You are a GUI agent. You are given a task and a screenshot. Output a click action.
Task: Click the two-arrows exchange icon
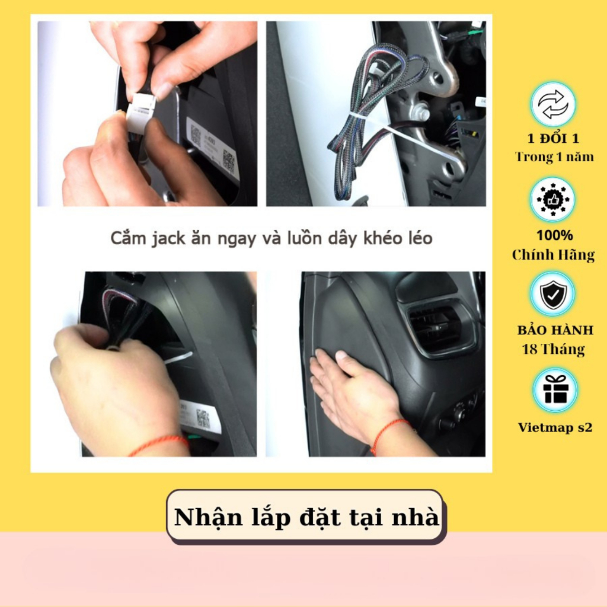553,104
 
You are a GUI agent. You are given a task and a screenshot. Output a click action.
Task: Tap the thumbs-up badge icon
552,200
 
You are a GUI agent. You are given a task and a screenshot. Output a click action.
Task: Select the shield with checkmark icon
553,295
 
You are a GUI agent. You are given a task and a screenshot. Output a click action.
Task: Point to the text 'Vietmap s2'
555,427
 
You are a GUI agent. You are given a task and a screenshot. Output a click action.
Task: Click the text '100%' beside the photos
555,235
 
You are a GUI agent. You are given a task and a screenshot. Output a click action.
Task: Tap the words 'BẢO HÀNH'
555,330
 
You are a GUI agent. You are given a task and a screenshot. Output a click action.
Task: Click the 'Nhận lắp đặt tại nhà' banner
305,517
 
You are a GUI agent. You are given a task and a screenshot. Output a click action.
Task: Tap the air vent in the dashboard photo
440,328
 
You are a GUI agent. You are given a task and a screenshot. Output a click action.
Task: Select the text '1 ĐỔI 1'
554,138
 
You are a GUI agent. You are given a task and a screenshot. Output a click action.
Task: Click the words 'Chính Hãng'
553,255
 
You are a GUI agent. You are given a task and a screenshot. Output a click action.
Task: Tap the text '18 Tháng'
554,349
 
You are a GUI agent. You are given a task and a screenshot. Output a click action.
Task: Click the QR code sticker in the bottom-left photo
203,418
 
